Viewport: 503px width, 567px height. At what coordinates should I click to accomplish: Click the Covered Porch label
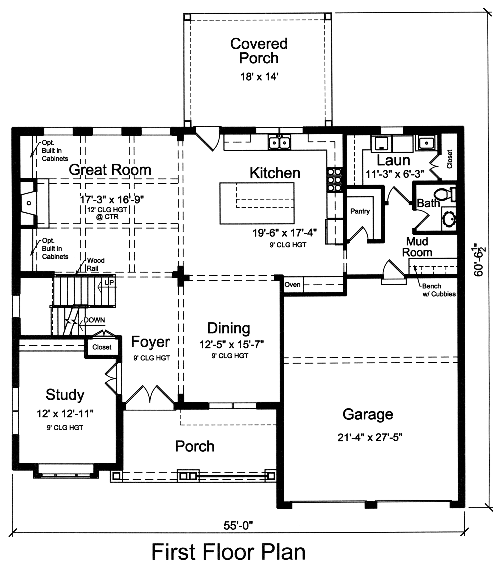pos(259,51)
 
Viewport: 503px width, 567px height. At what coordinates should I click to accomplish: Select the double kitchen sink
pos(279,143)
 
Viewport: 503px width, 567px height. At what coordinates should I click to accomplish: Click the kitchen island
pos(257,203)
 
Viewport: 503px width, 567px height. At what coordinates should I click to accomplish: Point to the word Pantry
pos(360,211)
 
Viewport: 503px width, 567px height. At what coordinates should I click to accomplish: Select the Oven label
pos(292,285)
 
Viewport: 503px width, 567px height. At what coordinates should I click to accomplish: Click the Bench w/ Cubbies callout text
pos(439,290)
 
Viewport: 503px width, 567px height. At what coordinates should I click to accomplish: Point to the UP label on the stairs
pos(109,282)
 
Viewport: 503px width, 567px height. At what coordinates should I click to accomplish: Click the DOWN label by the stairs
pos(94,320)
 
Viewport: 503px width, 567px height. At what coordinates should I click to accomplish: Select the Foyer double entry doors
pos(150,394)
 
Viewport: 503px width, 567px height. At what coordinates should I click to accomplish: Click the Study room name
pos(65,394)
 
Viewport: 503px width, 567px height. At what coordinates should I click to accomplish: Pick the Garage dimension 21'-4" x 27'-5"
pos(370,438)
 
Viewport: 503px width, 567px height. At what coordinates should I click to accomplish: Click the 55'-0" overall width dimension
pos(238,525)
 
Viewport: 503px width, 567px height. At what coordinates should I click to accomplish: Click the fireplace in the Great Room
pos(29,203)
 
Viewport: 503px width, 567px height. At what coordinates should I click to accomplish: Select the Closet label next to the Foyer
pos(102,347)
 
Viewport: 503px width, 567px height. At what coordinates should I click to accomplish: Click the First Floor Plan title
pos(228,552)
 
